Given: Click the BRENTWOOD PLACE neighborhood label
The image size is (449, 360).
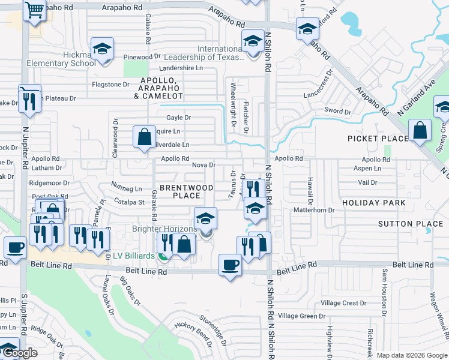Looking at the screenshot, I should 186,191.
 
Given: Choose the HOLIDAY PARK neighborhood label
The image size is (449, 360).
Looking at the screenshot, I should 373,203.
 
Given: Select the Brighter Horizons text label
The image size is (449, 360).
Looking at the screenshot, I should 164,229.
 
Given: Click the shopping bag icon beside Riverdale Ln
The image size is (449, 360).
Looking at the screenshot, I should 145,137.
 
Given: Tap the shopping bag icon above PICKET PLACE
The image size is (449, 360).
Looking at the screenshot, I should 420,130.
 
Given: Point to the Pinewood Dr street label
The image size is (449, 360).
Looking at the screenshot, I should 142,57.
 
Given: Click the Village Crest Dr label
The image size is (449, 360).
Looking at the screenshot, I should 343,303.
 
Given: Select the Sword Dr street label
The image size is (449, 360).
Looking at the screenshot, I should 337,111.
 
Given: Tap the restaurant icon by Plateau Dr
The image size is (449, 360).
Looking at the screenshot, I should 29,100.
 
